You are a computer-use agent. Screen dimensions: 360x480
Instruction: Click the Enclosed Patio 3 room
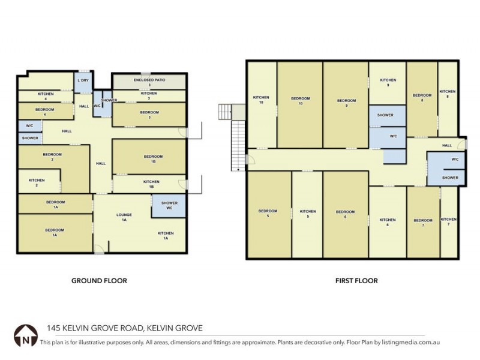tap(149, 81)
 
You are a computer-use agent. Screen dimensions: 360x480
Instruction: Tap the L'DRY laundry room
tap(83, 83)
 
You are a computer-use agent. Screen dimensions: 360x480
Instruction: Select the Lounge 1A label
tap(123, 217)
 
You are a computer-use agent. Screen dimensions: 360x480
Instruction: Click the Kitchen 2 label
tap(37, 182)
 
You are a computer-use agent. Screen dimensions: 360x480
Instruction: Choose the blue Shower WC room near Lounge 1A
tap(169, 206)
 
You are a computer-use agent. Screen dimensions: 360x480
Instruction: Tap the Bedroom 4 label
tap(45, 110)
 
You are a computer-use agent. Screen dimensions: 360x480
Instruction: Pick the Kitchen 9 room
tap(388, 83)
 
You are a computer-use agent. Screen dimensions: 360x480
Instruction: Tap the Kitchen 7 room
tap(449, 222)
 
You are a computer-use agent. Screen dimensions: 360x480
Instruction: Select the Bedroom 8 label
tap(422, 97)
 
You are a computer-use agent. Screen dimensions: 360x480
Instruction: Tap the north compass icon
tap(25, 334)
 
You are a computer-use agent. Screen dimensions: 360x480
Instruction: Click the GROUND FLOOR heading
tap(99, 280)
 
